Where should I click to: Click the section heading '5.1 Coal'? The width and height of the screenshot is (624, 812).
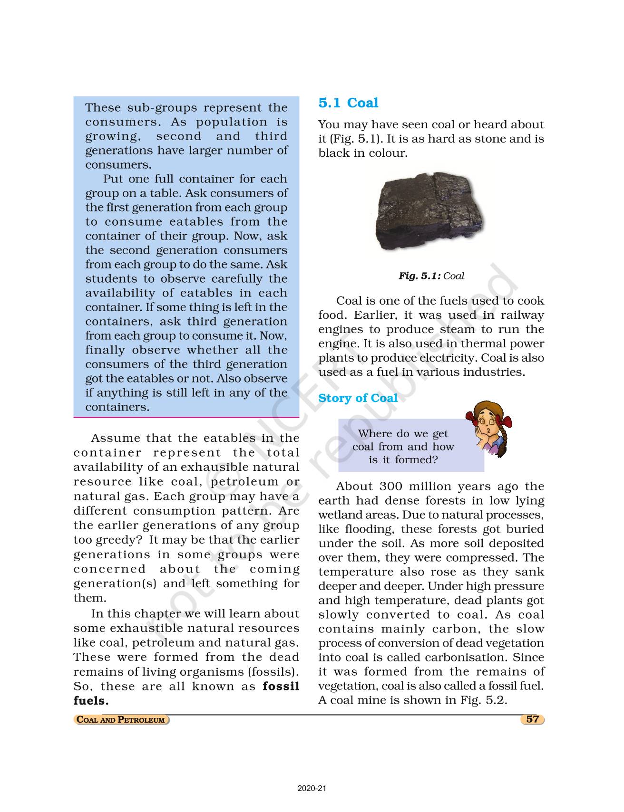tap(348, 103)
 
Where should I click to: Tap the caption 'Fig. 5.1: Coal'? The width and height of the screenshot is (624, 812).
tap(431, 276)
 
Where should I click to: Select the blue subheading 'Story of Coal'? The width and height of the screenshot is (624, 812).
tap(358, 398)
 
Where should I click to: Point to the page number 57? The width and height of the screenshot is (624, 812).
tap(532, 719)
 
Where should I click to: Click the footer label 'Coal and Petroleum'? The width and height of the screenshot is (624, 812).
tap(121, 719)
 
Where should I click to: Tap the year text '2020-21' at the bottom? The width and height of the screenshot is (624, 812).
tap(312, 789)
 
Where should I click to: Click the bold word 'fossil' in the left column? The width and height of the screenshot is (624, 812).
tap(281, 686)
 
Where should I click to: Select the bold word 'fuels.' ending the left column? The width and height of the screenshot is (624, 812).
tap(91, 700)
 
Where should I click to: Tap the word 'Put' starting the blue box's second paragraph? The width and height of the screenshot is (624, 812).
tap(113, 179)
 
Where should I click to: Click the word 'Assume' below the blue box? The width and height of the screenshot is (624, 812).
tap(115, 438)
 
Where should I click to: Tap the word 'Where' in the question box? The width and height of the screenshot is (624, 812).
tap(374, 433)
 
